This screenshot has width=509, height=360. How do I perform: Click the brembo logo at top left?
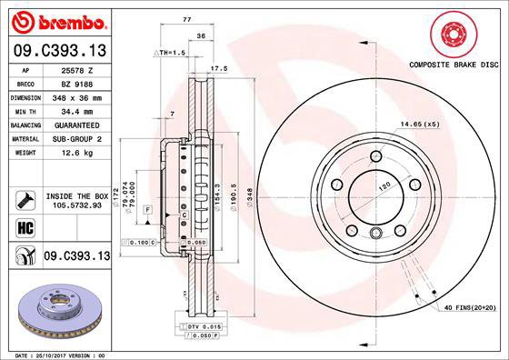[x=57, y=20]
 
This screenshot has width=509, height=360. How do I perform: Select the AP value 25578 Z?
[x=85, y=70]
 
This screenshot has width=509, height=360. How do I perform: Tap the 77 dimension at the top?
[x=186, y=17]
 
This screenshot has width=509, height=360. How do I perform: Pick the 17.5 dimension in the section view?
[x=218, y=68]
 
